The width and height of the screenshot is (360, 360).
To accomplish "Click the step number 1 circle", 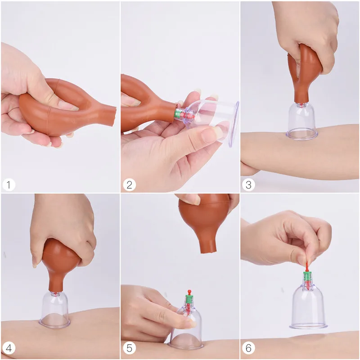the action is click(9, 185).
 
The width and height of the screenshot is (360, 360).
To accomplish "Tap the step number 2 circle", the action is click(129, 185).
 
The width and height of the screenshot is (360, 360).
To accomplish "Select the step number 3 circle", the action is click(248, 185).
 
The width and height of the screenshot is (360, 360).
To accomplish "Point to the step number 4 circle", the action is click(9, 348).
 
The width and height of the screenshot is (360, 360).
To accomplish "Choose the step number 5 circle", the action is click(129, 348).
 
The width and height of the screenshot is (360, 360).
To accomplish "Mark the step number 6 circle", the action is click(248, 348).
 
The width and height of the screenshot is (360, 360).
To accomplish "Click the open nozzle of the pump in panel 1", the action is click(113, 117).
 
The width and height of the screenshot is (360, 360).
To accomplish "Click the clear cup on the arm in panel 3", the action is click(301, 121).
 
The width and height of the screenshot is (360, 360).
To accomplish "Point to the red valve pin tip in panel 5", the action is click(189, 292).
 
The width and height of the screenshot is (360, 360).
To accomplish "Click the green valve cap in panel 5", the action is click(189, 299).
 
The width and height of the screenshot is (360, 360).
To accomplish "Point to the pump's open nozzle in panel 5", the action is click(209, 252).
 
